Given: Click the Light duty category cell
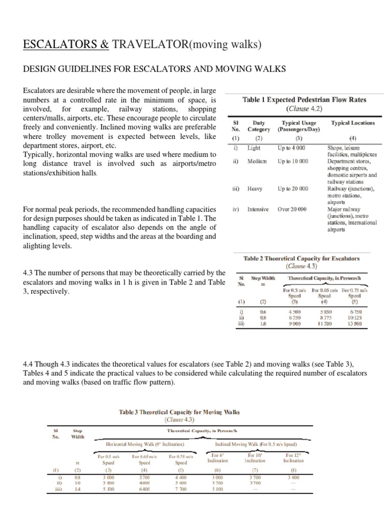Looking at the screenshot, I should click(x=254, y=148).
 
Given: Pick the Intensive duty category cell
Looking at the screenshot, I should click(x=258, y=209).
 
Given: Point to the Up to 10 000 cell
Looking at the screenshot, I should click(x=293, y=161).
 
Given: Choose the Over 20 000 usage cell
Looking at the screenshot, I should click(x=292, y=209).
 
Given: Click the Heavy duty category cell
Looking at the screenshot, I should click(x=255, y=188).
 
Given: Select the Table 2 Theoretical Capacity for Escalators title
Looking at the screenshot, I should click(x=305, y=259).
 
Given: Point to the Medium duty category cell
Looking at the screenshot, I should click(x=257, y=161).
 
